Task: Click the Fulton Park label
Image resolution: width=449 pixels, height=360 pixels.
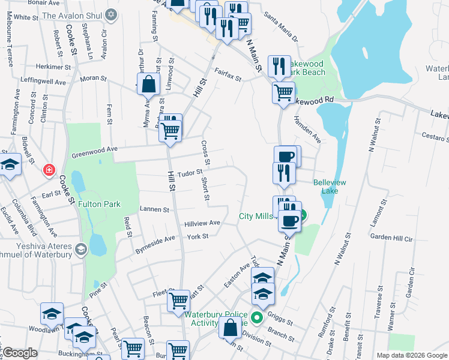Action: pyautogui.click(x=99, y=205)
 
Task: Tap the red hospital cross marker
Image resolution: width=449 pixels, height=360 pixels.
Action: pyautogui.click(x=48, y=170)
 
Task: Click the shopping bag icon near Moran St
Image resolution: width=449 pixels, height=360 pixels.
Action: pyautogui.click(x=149, y=85)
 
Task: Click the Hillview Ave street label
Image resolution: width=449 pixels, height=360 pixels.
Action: pyautogui.click(x=202, y=223)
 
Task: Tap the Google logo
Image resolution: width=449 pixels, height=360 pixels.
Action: pyautogui.click(x=20, y=353)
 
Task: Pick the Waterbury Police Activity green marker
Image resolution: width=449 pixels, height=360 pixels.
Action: pyautogui.click(x=257, y=317)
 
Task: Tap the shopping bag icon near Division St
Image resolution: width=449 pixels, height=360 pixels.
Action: pyautogui.click(x=231, y=328)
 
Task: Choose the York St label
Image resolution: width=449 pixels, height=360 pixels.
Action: pyautogui.click(x=197, y=236)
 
